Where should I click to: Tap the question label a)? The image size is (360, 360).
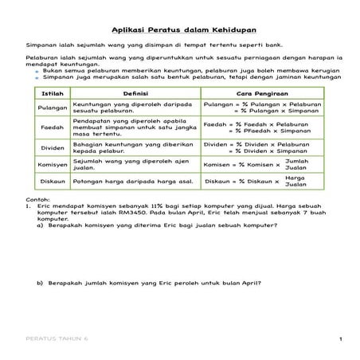[x=41, y=225]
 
